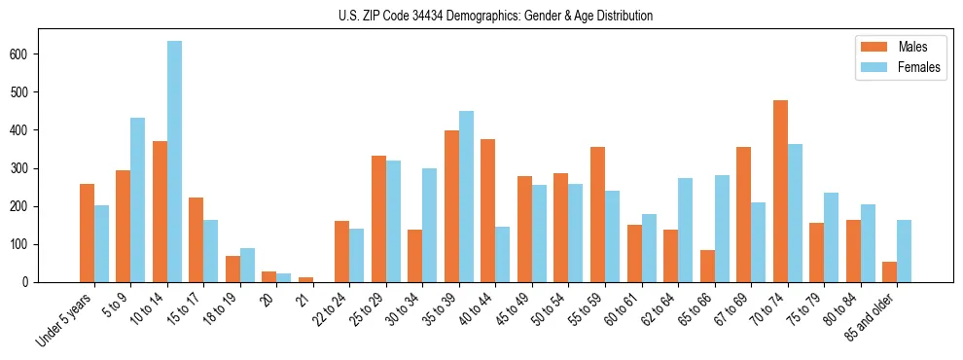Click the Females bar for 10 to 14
coord(174,162)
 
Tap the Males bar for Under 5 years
coord(87,233)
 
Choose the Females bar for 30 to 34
coord(430,225)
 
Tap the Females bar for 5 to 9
coord(138,199)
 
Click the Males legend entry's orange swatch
coord(871,46)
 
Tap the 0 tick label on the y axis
coord(29,282)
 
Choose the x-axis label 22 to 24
coord(331,311)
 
